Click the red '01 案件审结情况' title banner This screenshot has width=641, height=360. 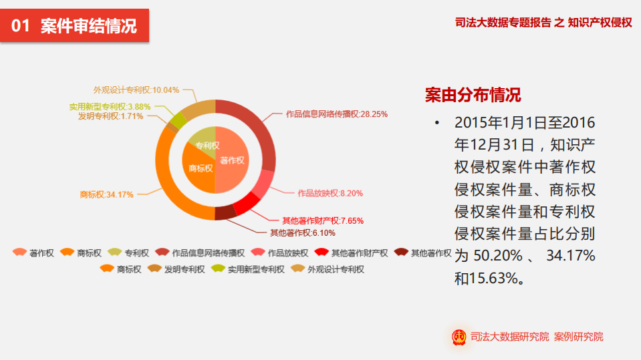pyautogui.click(x=75, y=26)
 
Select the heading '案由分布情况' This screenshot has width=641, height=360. pyautogui.click(x=473, y=95)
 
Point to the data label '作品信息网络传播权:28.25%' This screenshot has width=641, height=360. pyautogui.click(x=337, y=114)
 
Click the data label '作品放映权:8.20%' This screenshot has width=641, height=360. pyautogui.click(x=330, y=194)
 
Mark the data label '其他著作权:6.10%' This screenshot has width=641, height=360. pyautogui.click(x=303, y=233)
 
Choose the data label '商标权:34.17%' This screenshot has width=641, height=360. pyautogui.click(x=106, y=194)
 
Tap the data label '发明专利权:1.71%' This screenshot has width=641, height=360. pyautogui.click(x=111, y=116)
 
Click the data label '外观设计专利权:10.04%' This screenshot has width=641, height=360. pyautogui.click(x=136, y=89)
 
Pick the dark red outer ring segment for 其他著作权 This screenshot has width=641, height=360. pyautogui.click(x=225, y=213)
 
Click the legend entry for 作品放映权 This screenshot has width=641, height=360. pyautogui.click(x=281, y=253)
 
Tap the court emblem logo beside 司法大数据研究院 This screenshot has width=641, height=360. pyautogui.click(x=459, y=337)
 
